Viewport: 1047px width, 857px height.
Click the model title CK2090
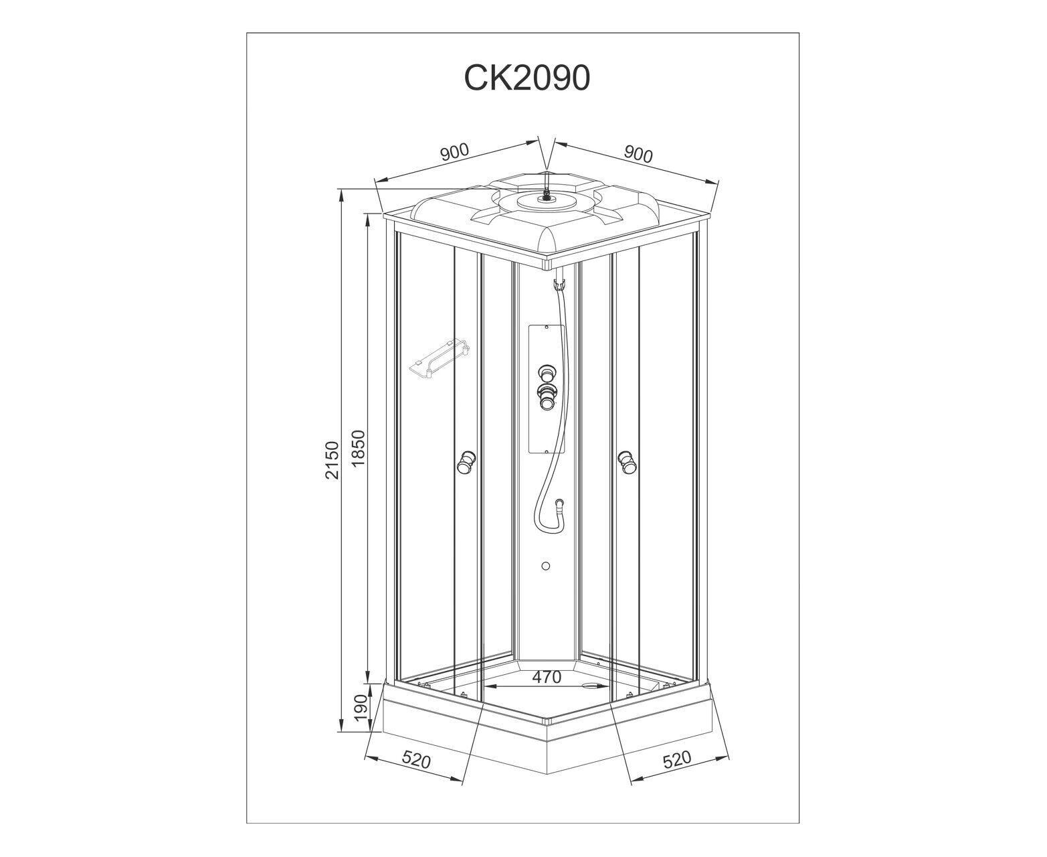pyautogui.click(x=527, y=78)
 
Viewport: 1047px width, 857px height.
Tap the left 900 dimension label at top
pyautogui.click(x=454, y=152)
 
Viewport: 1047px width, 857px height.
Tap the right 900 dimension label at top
pyautogui.click(x=638, y=155)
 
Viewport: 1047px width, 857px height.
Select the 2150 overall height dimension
pyautogui.click(x=332, y=459)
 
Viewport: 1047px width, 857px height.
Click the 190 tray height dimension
pyautogui.click(x=361, y=708)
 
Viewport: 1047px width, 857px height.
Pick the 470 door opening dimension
pyautogui.click(x=546, y=677)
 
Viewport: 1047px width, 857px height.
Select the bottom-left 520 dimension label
pyautogui.click(x=416, y=760)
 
